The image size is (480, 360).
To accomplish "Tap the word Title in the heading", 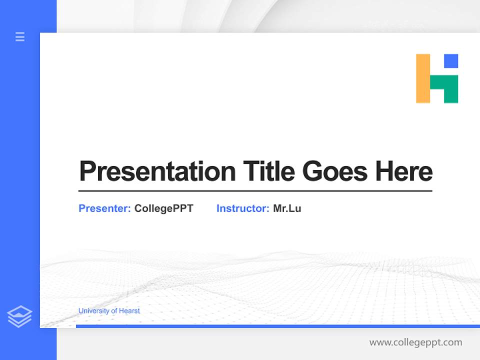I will [x=268, y=171].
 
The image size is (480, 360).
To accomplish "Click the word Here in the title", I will [x=403, y=171].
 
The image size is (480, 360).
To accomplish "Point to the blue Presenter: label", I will [x=104, y=208].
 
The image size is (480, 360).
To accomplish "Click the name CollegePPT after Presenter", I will [x=163, y=208].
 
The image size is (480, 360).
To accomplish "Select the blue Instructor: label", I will [x=242, y=208].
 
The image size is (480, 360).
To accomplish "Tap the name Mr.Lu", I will [x=287, y=208].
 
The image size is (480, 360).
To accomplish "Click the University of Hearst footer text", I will [x=109, y=311].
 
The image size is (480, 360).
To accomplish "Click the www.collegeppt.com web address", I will [x=415, y=342].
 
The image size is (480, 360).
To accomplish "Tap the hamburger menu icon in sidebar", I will [x=20, y=36].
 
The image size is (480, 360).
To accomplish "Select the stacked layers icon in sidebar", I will [x=19, y=316].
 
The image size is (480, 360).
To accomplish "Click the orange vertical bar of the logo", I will [x=422, y=78].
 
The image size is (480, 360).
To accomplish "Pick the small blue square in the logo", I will [x=451, y=61].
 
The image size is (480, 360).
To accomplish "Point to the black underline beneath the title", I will [x=255, y=191].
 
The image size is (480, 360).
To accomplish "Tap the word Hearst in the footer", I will [x=130, y=311].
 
